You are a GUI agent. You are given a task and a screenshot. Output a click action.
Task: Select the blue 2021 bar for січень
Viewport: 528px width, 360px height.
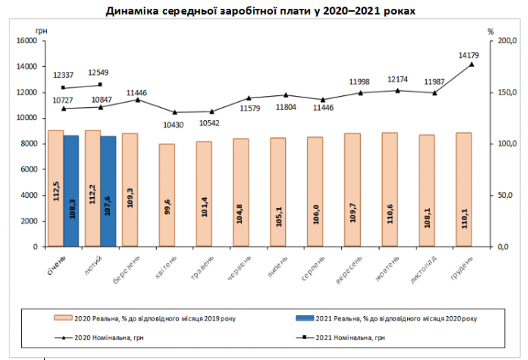tap(71, 191)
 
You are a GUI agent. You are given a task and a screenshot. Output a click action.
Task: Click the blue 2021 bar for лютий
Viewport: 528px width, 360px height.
tap(109, 191)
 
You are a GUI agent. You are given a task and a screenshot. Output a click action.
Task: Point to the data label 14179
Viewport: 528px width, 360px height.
tap(469, 55)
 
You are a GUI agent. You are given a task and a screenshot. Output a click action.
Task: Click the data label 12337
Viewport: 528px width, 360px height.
tap(64, 75)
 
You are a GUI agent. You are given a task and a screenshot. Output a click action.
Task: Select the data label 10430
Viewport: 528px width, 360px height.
tap(173, 125)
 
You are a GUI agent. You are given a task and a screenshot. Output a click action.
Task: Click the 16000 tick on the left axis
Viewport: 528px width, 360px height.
tap(26, 41)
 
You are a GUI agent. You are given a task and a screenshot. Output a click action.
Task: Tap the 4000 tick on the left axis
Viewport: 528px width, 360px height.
tap(28, 196)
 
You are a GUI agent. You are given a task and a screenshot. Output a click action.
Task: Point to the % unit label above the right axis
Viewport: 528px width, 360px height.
tap(490, 31)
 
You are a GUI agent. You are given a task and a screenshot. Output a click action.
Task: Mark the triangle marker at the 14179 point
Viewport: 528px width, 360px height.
tap(472, 65)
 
